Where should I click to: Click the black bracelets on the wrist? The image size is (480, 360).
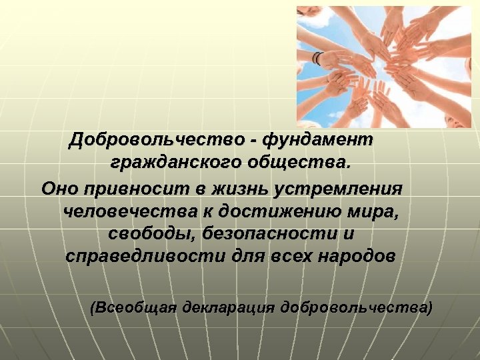(319, 59)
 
